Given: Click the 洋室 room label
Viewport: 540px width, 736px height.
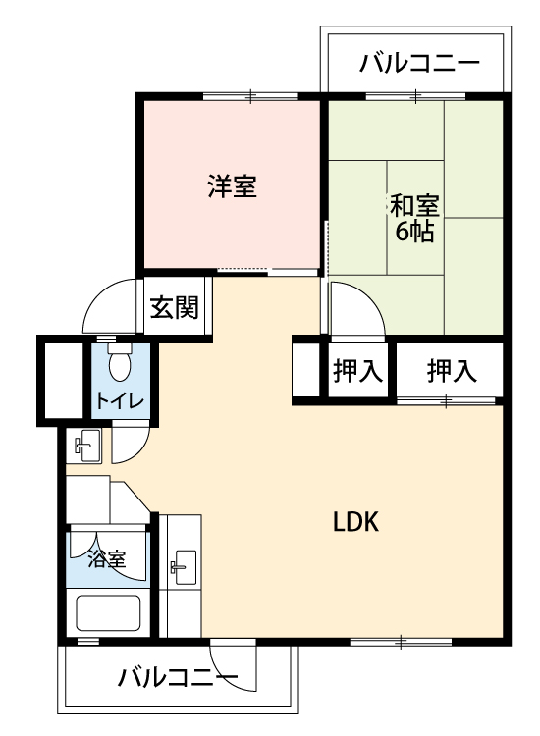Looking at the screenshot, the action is tap(232, 185).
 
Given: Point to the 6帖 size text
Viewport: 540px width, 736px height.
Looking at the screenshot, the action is tap(413, 230).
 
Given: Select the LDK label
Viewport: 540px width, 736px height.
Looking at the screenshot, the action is tap(355, 521).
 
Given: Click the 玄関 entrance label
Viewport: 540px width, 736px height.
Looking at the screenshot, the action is tap(174, 307).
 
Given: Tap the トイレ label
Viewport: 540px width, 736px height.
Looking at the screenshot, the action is tap(119, 400).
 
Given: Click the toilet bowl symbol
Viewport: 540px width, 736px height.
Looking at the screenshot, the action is tap(120, 361).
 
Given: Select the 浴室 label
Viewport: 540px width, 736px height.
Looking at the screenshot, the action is tap(107, 559).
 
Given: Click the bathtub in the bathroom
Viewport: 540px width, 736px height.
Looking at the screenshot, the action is tap(108, 613).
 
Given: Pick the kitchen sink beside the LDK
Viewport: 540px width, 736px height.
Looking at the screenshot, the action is tap(184, 567).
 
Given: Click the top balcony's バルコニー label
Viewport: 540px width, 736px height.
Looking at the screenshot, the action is tap(420, 64).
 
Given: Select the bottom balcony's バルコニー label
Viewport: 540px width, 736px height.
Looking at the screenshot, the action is tap(178, 677).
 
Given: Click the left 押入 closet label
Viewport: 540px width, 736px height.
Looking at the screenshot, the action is tap(357, 370).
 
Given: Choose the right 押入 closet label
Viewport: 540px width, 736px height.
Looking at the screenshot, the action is tap(452, 370).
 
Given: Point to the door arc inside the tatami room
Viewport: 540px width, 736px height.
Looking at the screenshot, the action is tap(368, 295).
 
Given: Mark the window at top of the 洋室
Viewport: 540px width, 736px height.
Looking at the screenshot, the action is tap(250, 96).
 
